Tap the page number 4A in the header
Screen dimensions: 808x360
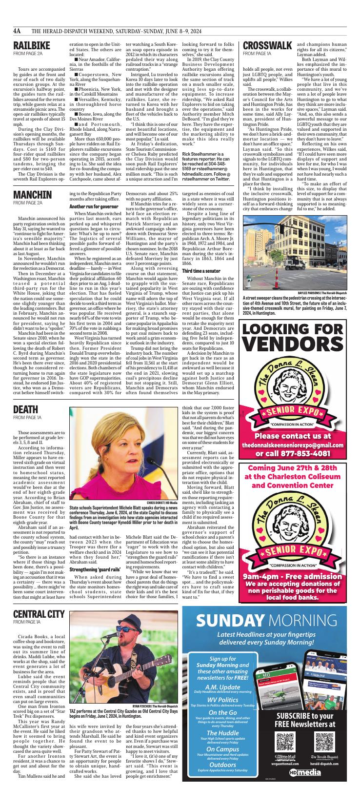18,31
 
